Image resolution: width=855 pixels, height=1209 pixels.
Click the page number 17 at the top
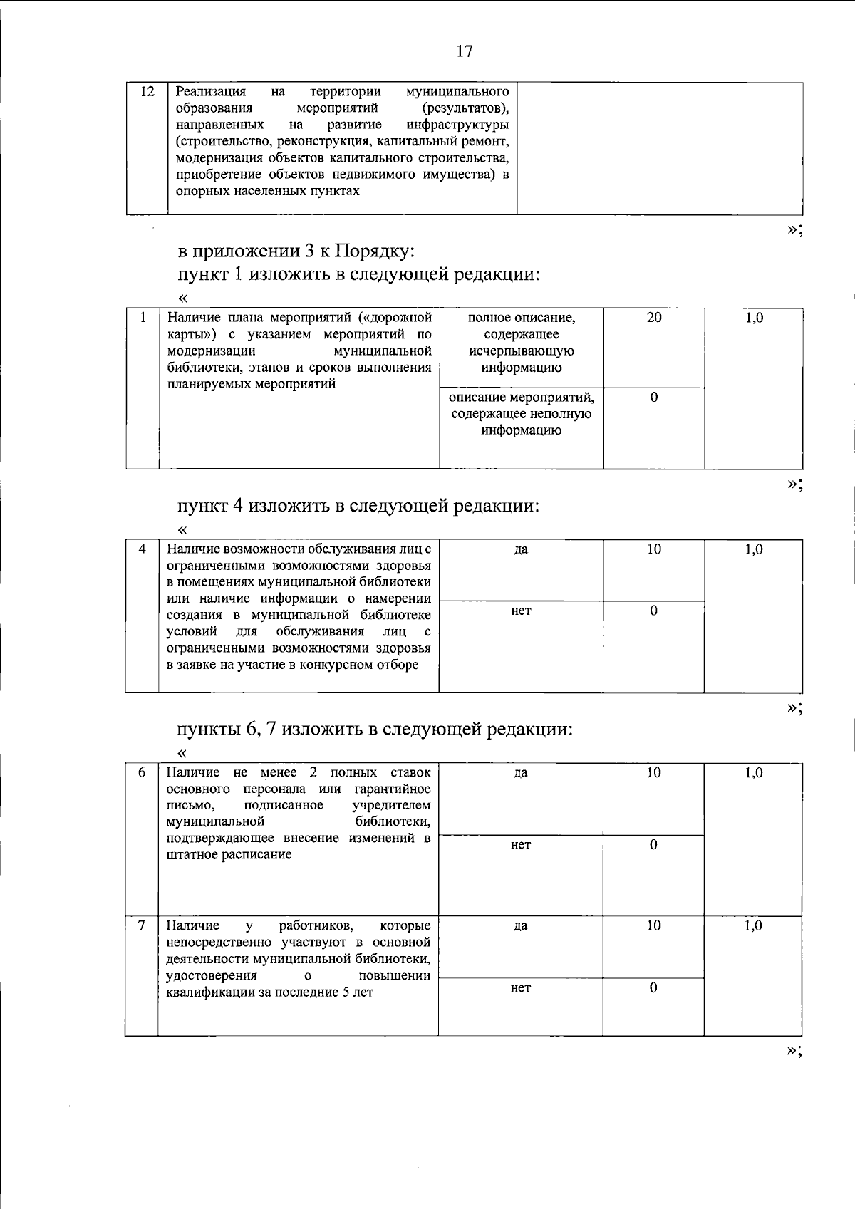464,51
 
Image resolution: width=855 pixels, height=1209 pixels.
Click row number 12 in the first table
147,92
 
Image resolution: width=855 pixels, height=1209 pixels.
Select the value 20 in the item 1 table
653,318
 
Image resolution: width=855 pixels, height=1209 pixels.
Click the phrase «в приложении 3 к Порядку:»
296,251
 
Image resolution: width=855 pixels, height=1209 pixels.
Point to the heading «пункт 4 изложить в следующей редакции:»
358,506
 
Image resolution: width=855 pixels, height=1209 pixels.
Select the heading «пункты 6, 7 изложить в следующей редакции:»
375,730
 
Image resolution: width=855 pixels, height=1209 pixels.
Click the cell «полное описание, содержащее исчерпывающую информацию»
521,343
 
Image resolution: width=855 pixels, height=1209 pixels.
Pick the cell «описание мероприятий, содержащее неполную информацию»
521,414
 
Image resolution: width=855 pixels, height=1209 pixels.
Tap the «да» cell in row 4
521,549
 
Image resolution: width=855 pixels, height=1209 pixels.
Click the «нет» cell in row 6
521,845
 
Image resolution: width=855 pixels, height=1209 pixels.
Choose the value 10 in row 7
653,925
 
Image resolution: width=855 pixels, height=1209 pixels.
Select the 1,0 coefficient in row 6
753,773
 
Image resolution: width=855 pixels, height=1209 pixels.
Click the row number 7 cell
142,925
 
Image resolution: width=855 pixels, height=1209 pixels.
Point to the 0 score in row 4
653,611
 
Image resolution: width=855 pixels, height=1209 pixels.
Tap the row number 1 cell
142,318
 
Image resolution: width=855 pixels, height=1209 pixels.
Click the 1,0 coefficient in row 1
754,318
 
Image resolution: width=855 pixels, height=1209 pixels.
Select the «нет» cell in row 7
521,988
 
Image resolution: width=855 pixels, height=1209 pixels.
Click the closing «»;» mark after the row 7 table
794,1051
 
